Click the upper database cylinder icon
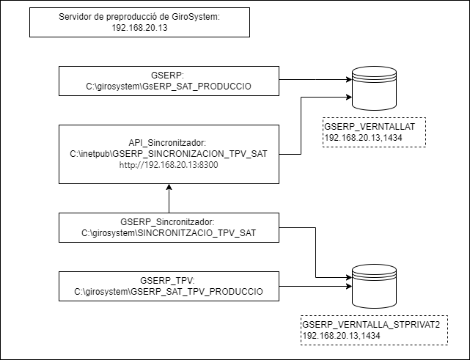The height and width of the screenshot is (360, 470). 373,87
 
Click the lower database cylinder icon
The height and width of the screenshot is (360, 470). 373,285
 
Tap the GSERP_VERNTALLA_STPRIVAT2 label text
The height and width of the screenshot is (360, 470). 370,325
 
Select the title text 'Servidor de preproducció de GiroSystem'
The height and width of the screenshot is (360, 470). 138,17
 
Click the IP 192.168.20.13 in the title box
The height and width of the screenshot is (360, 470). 138,28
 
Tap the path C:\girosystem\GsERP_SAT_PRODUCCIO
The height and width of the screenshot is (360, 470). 169,86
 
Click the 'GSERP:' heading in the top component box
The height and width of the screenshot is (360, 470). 169,75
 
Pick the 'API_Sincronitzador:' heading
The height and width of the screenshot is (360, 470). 169,143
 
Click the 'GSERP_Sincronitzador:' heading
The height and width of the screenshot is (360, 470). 169,221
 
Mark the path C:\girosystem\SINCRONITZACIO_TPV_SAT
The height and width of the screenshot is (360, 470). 169,232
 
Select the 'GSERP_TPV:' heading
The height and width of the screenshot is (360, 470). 169,281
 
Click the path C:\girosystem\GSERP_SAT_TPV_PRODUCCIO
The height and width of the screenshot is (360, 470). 169,292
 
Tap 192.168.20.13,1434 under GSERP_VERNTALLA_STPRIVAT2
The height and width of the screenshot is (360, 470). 341,335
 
